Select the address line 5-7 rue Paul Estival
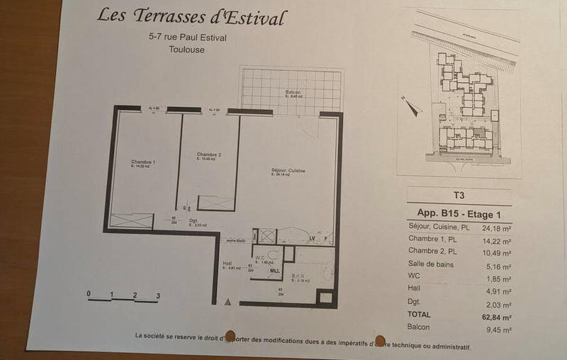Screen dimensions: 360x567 pos(184,38)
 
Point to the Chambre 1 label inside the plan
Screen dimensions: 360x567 pos(143,163)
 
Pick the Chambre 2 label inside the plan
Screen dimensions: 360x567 pos(209,154)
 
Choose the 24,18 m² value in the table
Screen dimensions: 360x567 pos(496,228)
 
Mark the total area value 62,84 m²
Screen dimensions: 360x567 pos(496,315)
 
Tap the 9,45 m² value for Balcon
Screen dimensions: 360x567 pos(498,329)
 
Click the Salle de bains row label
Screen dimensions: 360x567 pos(431,264)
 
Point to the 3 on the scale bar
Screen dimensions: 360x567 pos(158,296)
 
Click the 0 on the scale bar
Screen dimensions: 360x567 pos(89,293)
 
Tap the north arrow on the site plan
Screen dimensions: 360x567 pos(412,107)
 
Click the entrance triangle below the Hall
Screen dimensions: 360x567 pos(228,302)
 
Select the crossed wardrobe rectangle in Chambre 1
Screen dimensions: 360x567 pos(130,220)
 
